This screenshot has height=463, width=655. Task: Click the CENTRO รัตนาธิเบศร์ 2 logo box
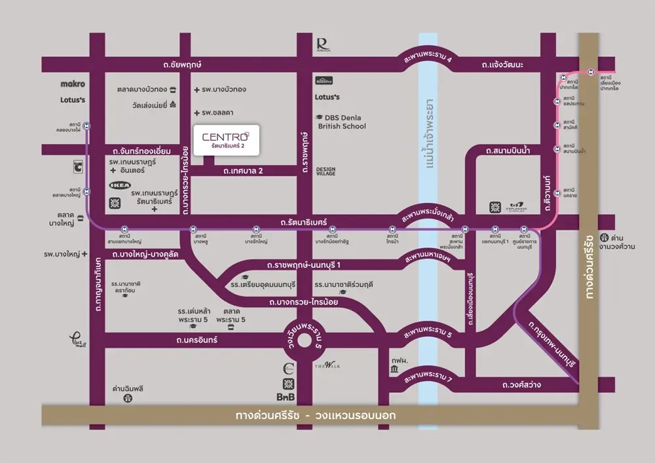[x=226, y=140]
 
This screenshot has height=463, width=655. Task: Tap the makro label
[x=73, y=84]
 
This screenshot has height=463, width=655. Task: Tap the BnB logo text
[x=286, y=397]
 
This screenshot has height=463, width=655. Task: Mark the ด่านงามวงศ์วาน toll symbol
[x=605, y=237]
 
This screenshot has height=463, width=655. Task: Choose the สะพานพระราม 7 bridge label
[x=428, y=378]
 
